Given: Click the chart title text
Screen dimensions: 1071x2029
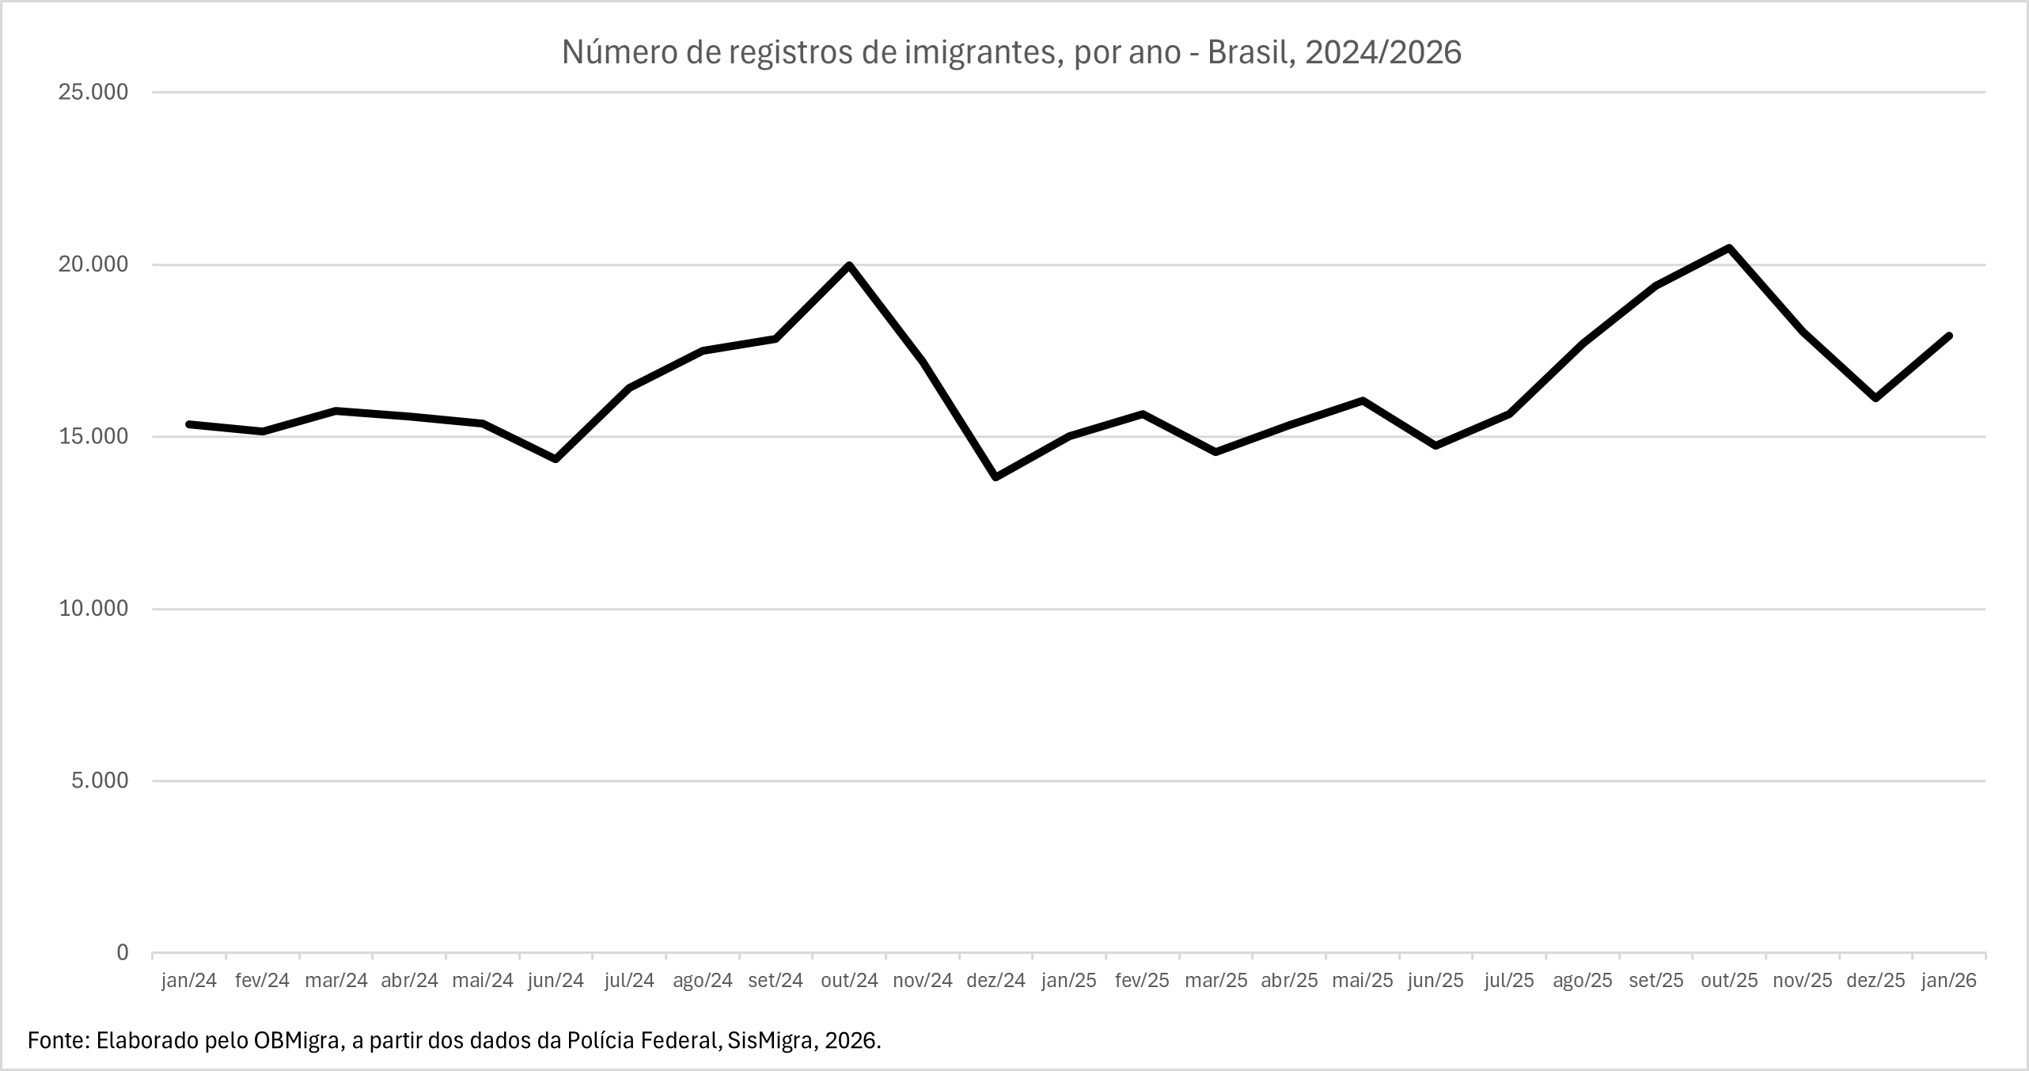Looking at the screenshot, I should coord(1011,52).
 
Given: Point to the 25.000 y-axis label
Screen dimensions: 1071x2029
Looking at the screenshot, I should coord(93,93).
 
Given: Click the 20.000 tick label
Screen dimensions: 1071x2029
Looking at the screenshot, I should coord(93,264).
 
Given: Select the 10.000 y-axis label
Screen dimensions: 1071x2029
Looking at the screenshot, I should coord(93,609).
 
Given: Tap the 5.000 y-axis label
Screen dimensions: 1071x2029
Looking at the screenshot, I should coord(99,780).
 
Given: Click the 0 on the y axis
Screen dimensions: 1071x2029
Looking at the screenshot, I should coord(122,953).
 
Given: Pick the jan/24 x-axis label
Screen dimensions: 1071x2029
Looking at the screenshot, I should coord(189,981).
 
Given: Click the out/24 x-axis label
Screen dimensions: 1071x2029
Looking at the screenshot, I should coord(849,981).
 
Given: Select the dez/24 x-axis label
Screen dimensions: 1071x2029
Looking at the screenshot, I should coord(996,981).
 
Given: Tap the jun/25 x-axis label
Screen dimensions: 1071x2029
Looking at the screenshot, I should coord(1435,981).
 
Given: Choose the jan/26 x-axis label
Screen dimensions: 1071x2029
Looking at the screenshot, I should coord(1947,981).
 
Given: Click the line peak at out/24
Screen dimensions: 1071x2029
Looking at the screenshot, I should coord(849,265).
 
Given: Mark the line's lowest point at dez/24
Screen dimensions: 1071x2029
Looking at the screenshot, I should coord(996,477).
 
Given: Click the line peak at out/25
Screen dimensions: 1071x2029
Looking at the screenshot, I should coord(1729,248).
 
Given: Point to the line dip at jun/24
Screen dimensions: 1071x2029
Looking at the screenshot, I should coord(556,459).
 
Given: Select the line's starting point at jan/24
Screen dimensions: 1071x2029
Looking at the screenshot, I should coord(189,424).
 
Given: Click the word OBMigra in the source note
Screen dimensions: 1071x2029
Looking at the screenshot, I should coord(298,1040).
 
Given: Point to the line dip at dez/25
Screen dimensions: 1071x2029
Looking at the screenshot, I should coord(1875,398).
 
